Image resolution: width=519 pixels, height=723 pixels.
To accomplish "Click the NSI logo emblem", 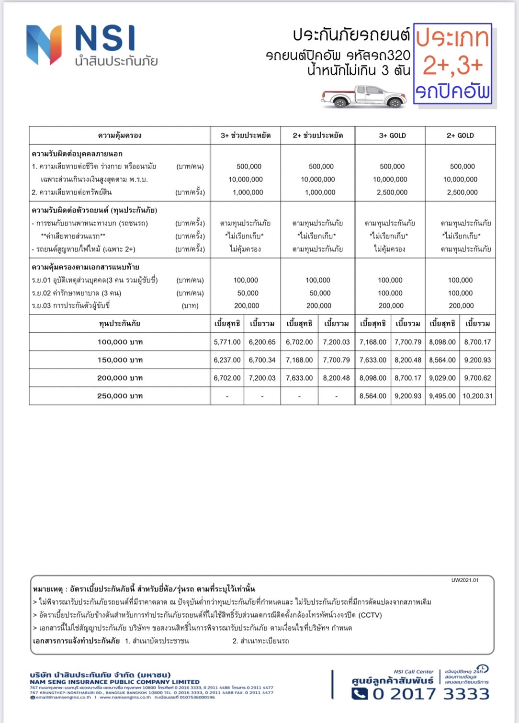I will coord(44,45).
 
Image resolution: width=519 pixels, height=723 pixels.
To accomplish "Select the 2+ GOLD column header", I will coord(460,136).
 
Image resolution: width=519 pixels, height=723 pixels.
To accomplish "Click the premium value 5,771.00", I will coord(227,342).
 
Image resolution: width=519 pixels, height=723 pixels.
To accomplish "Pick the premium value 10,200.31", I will coord(477,396).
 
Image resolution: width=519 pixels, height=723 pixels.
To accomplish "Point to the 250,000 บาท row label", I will coord(120,396).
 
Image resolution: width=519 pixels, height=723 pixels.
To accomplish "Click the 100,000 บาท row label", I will coord(120,342).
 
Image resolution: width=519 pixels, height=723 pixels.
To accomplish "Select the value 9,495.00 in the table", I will coord(442,396).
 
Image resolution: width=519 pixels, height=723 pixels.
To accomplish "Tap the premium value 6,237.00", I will coord(227,360).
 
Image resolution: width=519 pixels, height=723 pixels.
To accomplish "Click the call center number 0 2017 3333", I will coord(431,694).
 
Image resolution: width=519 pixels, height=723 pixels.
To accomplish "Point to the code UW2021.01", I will coord(464,580).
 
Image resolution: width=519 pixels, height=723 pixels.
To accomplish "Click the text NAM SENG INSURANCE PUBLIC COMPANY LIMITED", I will coord(114,682).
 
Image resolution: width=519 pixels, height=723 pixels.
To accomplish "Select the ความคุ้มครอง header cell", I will coord(120,136).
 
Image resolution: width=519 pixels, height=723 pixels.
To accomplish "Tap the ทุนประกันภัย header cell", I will coord(120,324).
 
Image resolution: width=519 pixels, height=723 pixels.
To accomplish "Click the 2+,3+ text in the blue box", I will coord(453,66).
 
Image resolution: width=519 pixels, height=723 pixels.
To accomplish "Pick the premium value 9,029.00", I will coord(442,378).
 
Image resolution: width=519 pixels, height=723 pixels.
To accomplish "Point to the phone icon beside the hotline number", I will coord(360,694).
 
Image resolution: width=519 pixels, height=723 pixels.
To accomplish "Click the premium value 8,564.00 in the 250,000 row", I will coord(373,396).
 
